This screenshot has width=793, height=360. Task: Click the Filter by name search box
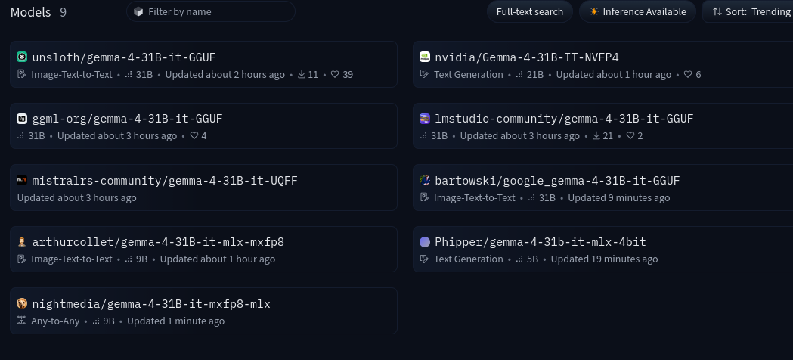[x=210, y=11]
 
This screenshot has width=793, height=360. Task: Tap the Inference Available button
[x=637, y=11]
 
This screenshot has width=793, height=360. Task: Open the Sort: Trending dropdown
[x=748, y=11]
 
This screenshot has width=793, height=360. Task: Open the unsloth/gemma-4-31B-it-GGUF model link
[x=124, y=57]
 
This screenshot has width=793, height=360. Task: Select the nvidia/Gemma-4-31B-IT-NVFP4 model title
[x=526, y=57]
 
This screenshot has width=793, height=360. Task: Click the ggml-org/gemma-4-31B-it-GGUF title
[x=127, y=119]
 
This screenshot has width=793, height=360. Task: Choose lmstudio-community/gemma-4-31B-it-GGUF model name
[x=564, y=119]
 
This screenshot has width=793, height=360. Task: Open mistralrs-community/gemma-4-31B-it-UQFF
[x=164, y=181]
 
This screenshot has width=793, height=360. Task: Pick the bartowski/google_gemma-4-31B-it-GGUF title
[x=557, y=181]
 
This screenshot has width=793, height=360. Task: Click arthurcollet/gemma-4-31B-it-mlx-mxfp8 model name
[x=158, y=242]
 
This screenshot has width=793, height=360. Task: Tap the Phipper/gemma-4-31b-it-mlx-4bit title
[x=540, y=242]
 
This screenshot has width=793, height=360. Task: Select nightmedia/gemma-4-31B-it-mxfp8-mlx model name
[x=151, y=304]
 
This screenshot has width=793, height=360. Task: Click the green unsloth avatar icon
[x=22, y=57]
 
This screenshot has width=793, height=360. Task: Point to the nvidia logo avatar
[x=425, y=57]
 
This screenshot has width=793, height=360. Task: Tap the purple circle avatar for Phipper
[x=425, y=242]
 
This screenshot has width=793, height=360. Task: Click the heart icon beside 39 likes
[x=335, y=74]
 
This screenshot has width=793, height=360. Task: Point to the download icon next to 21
[x=596, y=135]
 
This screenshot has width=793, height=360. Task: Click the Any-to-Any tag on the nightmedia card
[x=55, y=321]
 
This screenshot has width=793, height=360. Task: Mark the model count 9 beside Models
[x=64, y=12]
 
